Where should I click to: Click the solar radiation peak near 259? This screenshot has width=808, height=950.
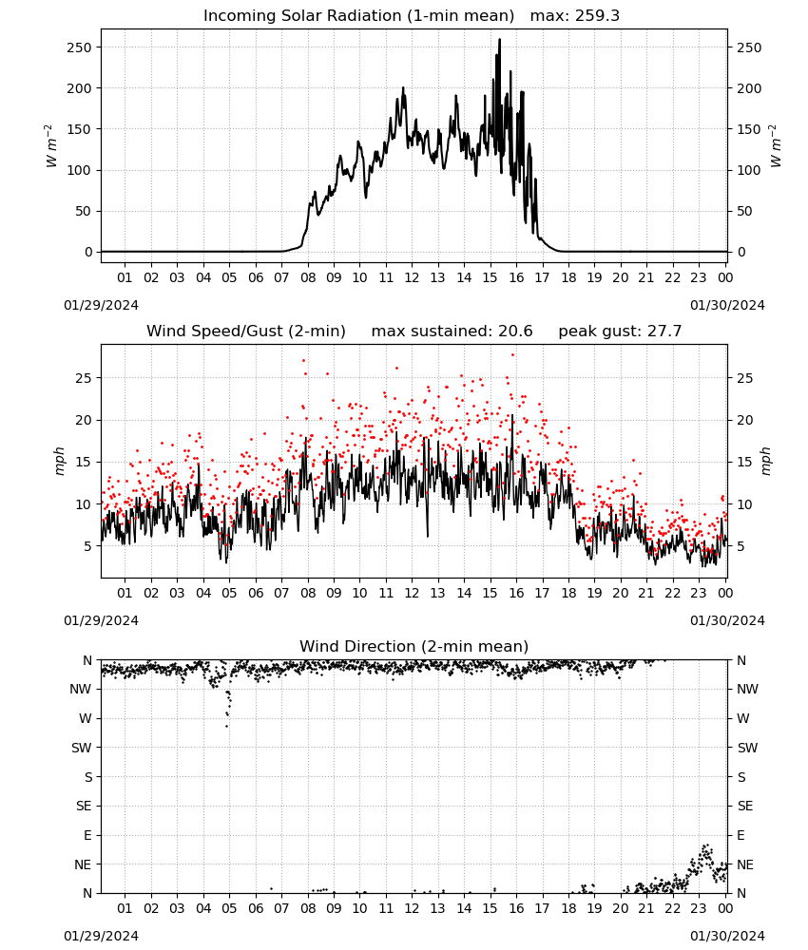pyautogui.click(x=499, y=40)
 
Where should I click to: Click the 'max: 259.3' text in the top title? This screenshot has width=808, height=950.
pyautogui.click(x=575, y=16)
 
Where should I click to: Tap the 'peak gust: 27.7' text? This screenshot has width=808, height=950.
pyautogui.click(x=620, y=332)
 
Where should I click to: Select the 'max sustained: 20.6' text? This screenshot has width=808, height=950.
pyautogui.click(x=452, y=332)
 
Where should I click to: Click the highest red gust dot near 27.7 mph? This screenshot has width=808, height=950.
pyautogui.click(x=512, y=354)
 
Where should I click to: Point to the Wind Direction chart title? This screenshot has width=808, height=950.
pyautogui.click(x=414, y=646)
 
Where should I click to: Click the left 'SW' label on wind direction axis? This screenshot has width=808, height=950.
pyautogui.click(x=82, y=748)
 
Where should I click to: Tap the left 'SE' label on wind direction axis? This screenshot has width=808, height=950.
pyautogui.click(x=84, y=806)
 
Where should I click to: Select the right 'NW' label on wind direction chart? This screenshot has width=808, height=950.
pyautogui.click(x=747, y=689)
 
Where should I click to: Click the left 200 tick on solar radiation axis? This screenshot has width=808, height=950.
pyautogui.click(x=80, y=88)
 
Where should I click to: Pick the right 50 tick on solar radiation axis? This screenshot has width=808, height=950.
pyautogui.click(x=744, y=212)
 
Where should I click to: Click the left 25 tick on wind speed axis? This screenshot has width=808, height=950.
pyautogui.click(x=84, y=378)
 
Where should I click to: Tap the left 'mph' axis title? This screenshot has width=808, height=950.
pyautogui.click(x=59, y=461)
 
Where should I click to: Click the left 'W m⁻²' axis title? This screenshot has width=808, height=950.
pyautogui.click(x=51, y=146)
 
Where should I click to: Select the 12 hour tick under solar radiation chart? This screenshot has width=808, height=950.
pyautogui.click(x=412, y=277)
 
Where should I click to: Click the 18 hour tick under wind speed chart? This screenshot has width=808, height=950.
pyautogui.click(x=568, y=593)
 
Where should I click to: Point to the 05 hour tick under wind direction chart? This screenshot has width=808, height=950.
pyautogui.click(x=229, y=908)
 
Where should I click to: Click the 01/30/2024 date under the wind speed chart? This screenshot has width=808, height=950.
pyautogui.click(x=727, y=620)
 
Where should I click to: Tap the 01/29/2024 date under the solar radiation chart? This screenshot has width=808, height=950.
pyautogui.click(x=101, y=305)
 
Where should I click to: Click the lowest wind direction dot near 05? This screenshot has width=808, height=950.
pyautogui.click(x=226, y=726)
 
